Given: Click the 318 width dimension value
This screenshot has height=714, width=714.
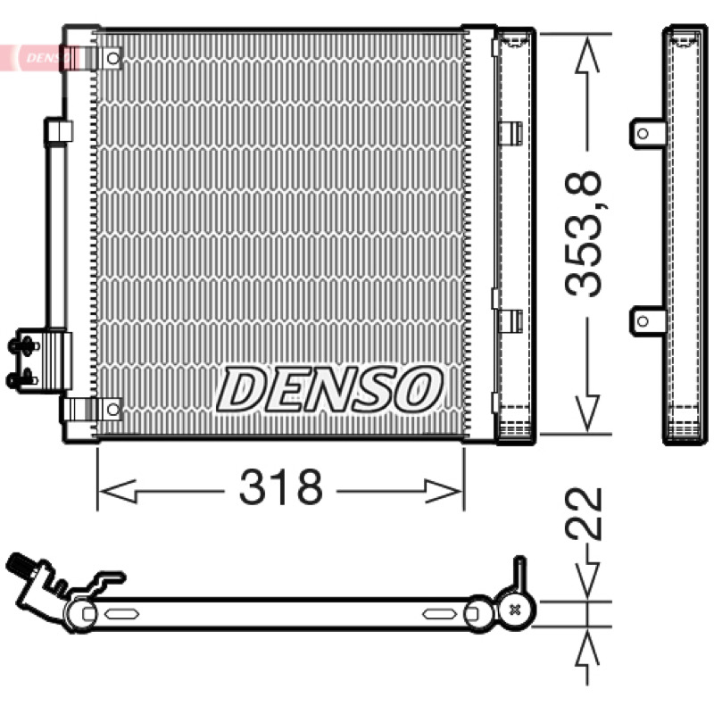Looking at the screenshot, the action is click(x=280, y=487).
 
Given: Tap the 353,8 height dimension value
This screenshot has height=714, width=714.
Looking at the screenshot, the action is click(x=584, y=234).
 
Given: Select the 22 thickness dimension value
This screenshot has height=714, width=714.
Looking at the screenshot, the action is click(x=584, y=514).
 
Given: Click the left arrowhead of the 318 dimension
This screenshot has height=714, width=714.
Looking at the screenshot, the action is click(x=118, y=492).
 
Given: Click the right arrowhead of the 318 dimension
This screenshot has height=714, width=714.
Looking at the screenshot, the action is click(x=444, y=492).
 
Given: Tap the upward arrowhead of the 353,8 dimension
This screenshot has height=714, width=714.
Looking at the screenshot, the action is click(x=587, y=55).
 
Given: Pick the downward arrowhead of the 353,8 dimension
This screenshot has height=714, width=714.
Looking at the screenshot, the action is click(x=587, y=413).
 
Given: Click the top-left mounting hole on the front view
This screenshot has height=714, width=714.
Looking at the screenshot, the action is click(x=113, y=58).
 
